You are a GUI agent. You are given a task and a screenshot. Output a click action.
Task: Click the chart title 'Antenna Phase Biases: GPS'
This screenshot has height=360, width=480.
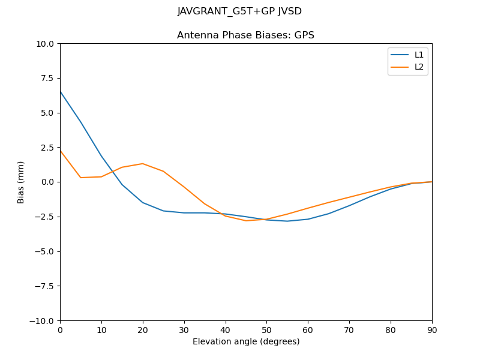coord(245,35)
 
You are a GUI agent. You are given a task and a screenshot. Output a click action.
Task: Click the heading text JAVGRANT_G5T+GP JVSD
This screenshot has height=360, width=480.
coord(239,11)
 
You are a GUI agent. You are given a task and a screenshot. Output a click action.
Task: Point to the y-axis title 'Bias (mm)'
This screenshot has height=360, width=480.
coord(21,182)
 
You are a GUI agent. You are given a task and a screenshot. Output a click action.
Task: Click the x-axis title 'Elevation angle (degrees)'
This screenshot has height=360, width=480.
coord(245,342)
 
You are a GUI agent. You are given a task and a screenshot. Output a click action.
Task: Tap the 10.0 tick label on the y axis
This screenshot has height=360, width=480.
coord(46,44)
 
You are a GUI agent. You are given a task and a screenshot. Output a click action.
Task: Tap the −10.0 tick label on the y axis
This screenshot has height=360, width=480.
coord(43,320)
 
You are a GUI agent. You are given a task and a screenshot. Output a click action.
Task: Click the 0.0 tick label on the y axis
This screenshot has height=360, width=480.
coord(48,182)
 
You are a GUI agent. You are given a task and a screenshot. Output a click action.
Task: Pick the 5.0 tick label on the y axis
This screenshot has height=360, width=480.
coord(48,113)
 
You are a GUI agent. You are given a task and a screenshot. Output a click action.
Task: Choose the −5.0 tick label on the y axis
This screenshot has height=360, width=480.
coord(45,251)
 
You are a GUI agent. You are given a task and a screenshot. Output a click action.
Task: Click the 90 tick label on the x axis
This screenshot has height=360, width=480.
coord(431,329)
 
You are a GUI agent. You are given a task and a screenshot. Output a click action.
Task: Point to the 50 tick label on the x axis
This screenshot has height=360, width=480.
coord(266,329)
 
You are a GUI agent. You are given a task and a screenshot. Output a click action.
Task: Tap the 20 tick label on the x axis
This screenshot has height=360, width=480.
coord(142,329)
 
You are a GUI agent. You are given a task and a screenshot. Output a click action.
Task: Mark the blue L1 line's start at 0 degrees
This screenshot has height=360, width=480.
coord(61,92)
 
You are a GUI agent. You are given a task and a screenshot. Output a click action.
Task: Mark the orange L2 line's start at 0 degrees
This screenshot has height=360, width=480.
coord(61,151)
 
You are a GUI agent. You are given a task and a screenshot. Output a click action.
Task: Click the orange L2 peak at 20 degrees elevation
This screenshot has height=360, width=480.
coord(142,164)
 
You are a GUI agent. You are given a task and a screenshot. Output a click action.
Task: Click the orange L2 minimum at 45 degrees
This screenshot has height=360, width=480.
coord(246,221)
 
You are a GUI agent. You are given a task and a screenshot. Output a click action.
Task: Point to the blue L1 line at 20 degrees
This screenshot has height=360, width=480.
coord(142,202)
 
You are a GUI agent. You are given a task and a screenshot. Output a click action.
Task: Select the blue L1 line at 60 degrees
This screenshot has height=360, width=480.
coord(308,219)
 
